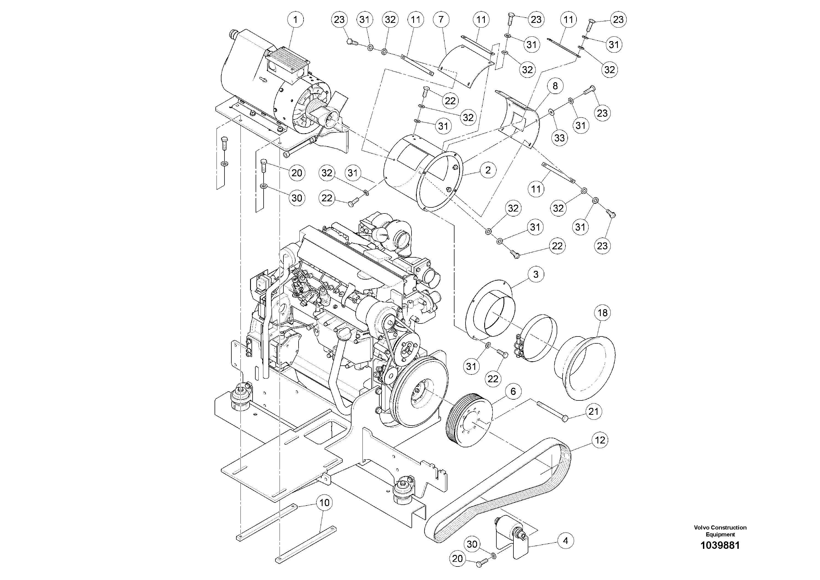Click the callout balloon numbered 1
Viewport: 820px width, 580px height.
pyautogui.click(x=295, y=19)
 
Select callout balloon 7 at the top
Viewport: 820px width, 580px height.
pyautogui.click(x=441, y=19)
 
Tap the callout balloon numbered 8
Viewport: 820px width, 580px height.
pyautogui.click(x=555, y=86)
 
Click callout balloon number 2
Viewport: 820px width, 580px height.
pyautogui.click(x=488, y=170)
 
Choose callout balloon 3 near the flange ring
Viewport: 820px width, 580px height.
pyautogui.click(x=536, y=275)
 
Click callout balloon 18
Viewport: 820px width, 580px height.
pyautogui.click(x=602, y=313)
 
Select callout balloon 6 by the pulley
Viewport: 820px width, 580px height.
pyautogui.click(x=513, y=392)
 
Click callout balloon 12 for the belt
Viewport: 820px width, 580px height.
pyautogui.click(x=600, y=440)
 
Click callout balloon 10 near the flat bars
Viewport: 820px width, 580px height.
pyautogui.click(x=324, y=503)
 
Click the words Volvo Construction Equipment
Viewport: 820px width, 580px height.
pyautogui.click(x=720, y=531)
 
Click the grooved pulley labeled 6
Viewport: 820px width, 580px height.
pyautogui.click(x=468, y=420)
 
